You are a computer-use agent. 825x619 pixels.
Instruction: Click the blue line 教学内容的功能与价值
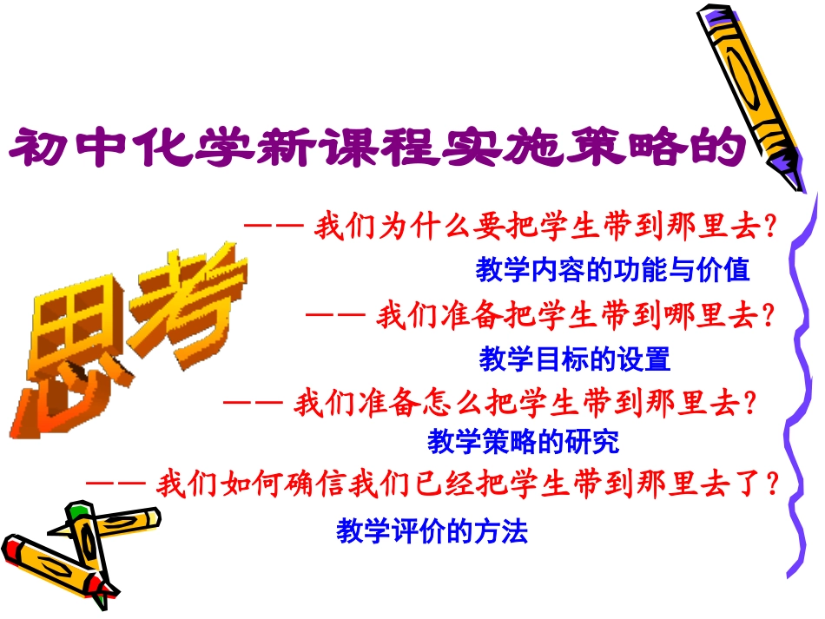pyautogui.click(x=612, y=270)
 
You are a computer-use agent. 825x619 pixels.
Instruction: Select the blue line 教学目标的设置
pyautogui.click(x=575, y=358)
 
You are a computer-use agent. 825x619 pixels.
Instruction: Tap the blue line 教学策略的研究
pyautogui.click(x=524, y=442)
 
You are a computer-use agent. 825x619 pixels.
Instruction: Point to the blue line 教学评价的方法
pyautogui.click(x=432, y=530)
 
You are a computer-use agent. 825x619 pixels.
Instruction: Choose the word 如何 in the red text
pyautogui.click(x=234, y=483)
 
